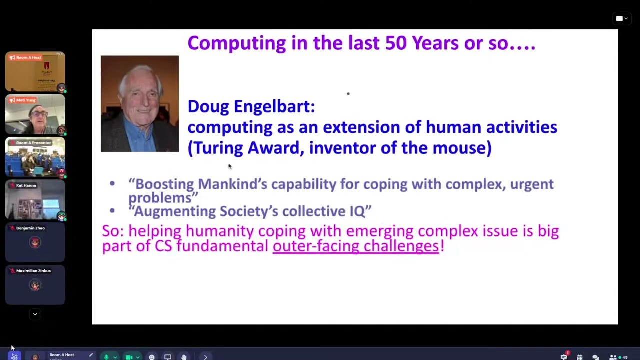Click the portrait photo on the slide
[140, 103]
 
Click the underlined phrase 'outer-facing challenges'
[356, 246]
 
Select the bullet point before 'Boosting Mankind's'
[112, 184]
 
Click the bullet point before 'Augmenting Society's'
[112, 211]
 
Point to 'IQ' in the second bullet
[357, 211]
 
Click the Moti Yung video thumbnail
[35, 115]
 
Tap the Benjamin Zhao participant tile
[35, 243]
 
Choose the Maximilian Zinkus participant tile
[35, 285]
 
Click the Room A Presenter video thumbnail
[35, 158]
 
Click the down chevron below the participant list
[35, 314]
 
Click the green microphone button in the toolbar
[106, 357]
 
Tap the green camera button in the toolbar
[129, 357]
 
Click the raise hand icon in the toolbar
[184, 357]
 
